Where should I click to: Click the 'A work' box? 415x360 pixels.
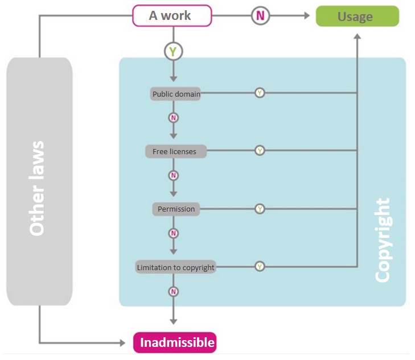click(x=172, y=15)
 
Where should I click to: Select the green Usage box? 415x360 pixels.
click(x=358, y=16)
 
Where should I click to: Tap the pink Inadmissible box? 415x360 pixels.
click(x=175, y=342)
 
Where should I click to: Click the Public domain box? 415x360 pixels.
click(x=175, y=94)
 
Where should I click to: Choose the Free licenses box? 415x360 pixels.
click(x=175, y=151)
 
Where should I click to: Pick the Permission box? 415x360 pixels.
click(x=176, y=209)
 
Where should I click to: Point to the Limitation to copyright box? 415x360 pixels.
click(x=175, y=267)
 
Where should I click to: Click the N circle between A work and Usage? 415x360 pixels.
click(x=260, y=15)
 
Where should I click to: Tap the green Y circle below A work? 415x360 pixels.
click(x=173, y=52)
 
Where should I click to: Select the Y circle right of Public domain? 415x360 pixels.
click(x=260, y=93)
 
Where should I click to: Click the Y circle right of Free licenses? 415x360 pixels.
click(x=260, y=151)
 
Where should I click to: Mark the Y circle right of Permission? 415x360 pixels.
click(x=260, y=209)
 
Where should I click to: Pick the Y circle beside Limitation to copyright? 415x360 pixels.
click(x=260, y=266)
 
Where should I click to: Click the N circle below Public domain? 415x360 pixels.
click(x=174, y=118)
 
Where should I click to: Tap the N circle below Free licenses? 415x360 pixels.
click(x=174, y=175)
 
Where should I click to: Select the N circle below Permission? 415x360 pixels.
click(x=174, y=233)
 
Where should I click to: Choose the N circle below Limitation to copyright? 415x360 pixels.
click(x=174, y=291)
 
